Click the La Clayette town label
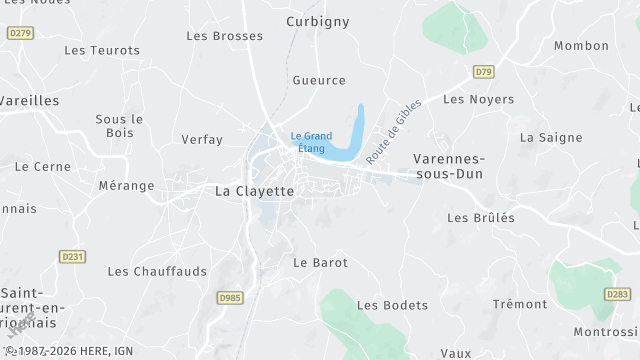click(x=255, y=191)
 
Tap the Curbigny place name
click(x=318, y=21)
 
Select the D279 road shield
click(x=20, y=33)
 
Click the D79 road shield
click(x=484, y=71)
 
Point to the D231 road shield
click(x=73, y=257)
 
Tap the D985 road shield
click(x=230, y=297)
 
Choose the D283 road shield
click(x=617, y=294)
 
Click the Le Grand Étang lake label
click(x=311, y=142)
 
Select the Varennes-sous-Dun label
click(x=449, y=166)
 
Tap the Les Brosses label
click(x=225, y=36)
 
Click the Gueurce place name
click(x=319, y=80)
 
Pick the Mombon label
click(x=581, y=46)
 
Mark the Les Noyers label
click(x=478, y=99)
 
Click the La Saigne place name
click(x=544, y=137)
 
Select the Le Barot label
click(x=320, y=262)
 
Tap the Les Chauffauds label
click(x=157, y=271)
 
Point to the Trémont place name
click(x=520, y=304)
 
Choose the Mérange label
click(x=127, y=186)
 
